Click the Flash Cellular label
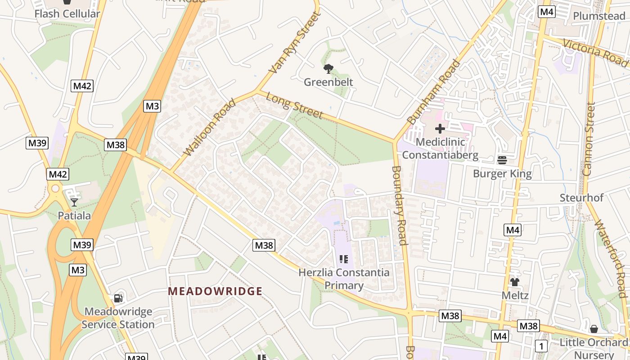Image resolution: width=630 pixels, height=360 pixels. [67, 13]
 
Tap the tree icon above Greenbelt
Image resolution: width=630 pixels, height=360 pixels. [328, 69]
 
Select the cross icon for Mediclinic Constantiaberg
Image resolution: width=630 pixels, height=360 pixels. [440, 129]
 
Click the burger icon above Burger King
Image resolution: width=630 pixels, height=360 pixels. [502, 160]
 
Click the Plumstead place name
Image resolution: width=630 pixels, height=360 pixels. [598, 16]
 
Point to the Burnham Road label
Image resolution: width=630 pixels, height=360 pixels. [434, 92]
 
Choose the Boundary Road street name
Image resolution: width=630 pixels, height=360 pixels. [399, 206]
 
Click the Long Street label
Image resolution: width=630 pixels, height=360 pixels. [294, 105]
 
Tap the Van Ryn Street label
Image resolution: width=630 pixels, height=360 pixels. [296, 43]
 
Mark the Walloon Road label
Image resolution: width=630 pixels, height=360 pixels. [210, 127]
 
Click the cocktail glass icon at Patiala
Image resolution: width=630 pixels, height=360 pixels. [74, 202]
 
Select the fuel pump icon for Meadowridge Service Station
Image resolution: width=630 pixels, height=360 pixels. [118, 298]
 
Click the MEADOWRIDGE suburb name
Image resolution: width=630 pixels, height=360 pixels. [215, 291]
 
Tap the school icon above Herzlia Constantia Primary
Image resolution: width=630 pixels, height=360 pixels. [344, 259]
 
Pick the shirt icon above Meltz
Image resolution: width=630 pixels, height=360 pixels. [515, 282]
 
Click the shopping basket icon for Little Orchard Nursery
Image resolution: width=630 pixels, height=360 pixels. [594, 329]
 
